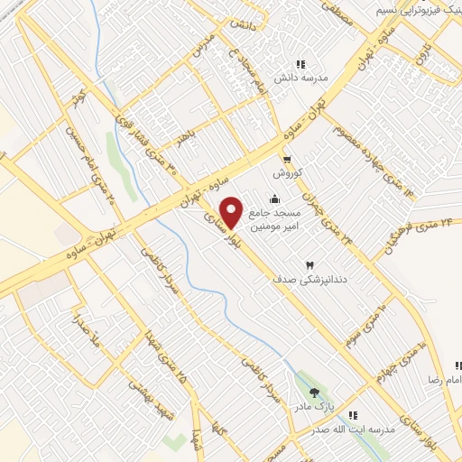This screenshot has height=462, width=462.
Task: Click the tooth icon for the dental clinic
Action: tap(310, 264)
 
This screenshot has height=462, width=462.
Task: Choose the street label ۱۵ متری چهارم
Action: tap(402, 357)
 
